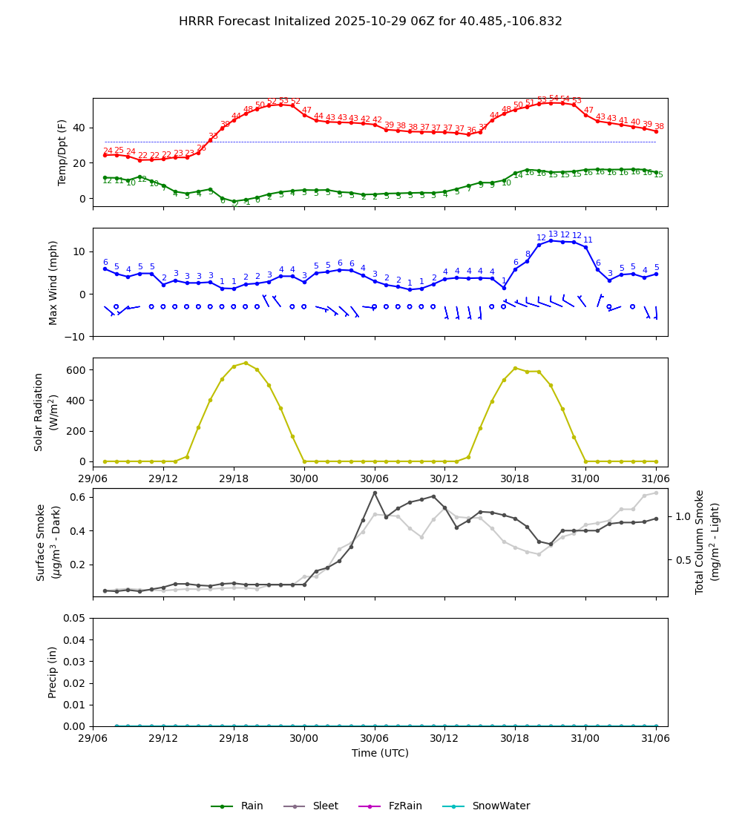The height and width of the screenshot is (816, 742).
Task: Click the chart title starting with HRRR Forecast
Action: [370, 22]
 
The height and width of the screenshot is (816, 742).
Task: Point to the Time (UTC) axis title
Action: [380, 753]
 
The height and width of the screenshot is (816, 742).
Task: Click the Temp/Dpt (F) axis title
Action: [63, 152]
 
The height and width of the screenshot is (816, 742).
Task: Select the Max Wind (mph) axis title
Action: [53, 283]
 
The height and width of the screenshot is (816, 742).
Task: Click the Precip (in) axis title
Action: [53, 672]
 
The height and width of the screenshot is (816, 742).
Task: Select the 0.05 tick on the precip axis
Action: [74, 618]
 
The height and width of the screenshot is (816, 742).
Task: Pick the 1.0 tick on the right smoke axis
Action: [683, 516]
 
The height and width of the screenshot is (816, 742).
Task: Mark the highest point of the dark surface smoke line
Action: [375, 493]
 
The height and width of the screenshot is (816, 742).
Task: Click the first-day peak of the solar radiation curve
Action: [246, 363]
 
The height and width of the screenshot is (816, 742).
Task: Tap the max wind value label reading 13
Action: [554, 234]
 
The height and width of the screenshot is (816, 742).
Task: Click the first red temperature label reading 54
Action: [554, 99]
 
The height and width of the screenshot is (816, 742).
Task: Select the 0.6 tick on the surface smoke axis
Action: [77, 497]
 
